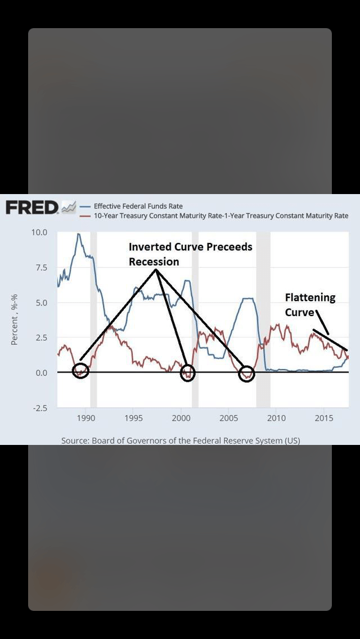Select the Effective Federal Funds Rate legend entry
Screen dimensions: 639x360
(138, 206)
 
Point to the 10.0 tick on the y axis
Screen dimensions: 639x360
(40, 232)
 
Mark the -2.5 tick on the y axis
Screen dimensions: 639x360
(40, 408)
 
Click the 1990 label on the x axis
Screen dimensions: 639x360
(85, 418)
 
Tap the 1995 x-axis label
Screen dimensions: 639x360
(133, 418)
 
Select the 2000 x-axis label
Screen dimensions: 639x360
(181, 418)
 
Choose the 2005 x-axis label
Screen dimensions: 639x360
(228, 418)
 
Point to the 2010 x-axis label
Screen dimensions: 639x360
(276, 418)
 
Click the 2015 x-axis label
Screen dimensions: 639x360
(323, 418)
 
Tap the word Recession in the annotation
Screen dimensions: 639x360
(154, 262)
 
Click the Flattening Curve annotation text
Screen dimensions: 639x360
(309, 304)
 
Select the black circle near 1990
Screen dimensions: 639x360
(81, 371)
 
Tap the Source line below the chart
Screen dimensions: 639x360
(181, 440)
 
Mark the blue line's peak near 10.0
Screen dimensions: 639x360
(79, 234)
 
